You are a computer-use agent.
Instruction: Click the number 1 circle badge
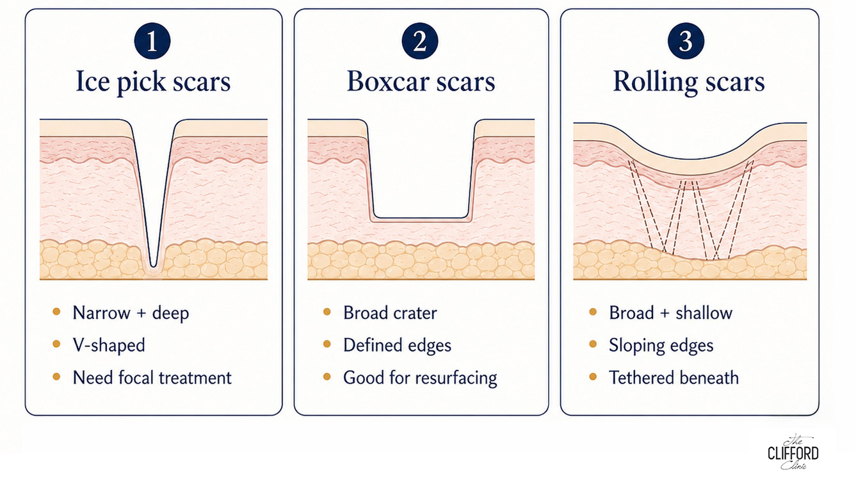(152, 41)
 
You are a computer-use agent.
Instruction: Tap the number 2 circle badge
(419, 41)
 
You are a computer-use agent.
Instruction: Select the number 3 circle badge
(686, 41)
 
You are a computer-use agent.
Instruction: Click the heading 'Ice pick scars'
(153, 82)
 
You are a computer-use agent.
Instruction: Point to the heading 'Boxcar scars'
(421, 81)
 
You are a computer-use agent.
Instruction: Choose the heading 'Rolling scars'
(689, 82)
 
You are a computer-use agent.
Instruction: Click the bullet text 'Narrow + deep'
(131, 313)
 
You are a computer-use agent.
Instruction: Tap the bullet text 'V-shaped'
(109, 345)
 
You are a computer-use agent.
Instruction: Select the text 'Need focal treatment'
(152, 378)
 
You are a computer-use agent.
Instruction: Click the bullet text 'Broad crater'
(390, 313)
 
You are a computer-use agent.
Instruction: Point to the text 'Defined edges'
(397, 345)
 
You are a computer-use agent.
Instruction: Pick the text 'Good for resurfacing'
(420, 378)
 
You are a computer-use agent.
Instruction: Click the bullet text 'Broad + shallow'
(671, 313)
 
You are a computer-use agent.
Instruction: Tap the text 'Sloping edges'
(661, 346)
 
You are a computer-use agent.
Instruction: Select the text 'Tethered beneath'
(674, 378)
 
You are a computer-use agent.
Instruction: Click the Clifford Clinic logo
(793, 452)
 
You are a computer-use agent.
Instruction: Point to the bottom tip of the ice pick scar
(153, 266)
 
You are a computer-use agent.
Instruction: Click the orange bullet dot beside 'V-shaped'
(56, 344)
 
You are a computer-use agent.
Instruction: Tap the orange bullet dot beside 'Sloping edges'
(593, 344)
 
